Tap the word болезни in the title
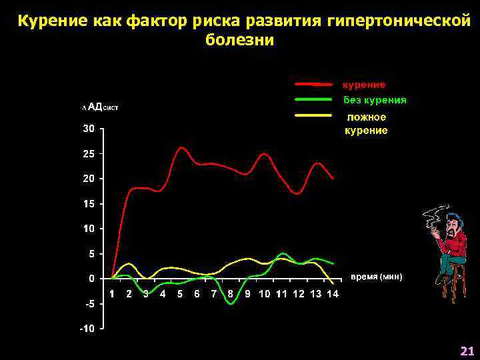click(x=239, y=40)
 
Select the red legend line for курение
click(x=313, y=85)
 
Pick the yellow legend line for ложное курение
click(x=313, y=115)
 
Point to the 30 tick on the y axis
click(x=88, y=129)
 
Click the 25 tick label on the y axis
click(x=88, y=153)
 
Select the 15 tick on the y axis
click(x=88, y=203)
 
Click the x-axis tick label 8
click(x=231, y=294)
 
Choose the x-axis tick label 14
click(x=333, y=294)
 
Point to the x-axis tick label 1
click(x=112, y=294)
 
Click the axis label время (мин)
click(x=377, y=276)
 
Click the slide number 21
click(x=466, y=351)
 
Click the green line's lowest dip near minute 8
click(x=231, y=303)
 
